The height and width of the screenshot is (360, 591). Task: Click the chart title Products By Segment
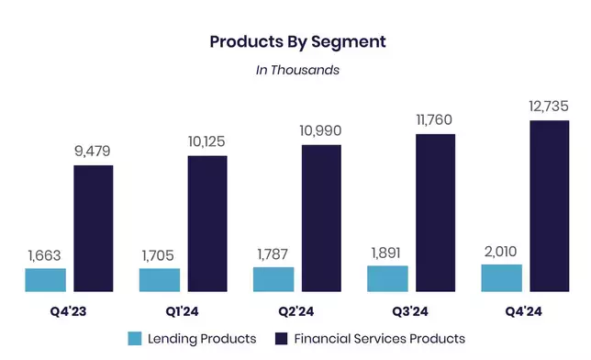[x=295, y=41]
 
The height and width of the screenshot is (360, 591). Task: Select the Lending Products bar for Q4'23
[x=46, y=280]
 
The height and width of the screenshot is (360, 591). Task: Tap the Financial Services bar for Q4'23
[x=93, y=229]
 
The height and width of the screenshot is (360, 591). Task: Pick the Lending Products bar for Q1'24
[x=160, y=280]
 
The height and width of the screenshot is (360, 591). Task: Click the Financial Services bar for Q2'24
[x=321, y=219]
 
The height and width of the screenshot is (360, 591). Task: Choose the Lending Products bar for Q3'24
[x=387, y=278]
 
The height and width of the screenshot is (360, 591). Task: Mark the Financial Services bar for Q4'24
[x=549, y=206]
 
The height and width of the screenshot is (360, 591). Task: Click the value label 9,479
[x=94, y=152]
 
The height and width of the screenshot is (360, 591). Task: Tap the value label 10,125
[x=206, y=142]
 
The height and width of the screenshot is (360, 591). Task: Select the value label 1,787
[x=273, y=253]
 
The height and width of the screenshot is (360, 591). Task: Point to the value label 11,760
[x=434, y=120]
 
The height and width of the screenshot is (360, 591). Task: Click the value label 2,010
[x=500, y=250]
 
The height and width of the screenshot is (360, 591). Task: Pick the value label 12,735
[x=549, y=106]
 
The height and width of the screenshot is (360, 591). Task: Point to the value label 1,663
[x=46, y=254]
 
